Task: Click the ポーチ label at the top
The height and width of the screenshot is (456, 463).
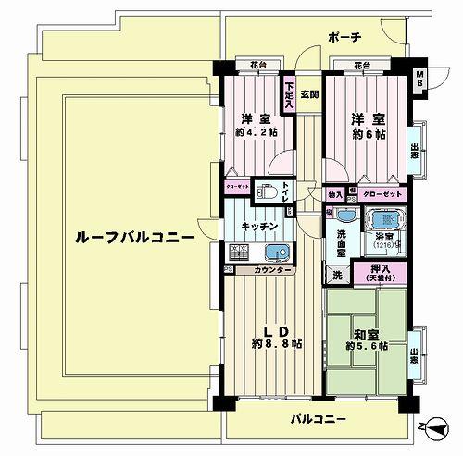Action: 344,37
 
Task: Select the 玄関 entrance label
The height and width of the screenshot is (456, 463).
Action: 309,94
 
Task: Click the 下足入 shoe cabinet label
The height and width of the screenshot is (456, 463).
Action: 289,98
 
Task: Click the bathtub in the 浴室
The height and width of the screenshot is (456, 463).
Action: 383,223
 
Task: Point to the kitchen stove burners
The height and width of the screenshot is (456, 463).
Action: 237,252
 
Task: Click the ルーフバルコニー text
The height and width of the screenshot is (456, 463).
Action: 134,238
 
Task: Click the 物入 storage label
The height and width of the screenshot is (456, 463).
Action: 335,195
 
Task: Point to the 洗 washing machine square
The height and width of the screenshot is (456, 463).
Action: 335,274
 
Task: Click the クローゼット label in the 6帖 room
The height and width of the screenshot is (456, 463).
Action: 382,195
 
